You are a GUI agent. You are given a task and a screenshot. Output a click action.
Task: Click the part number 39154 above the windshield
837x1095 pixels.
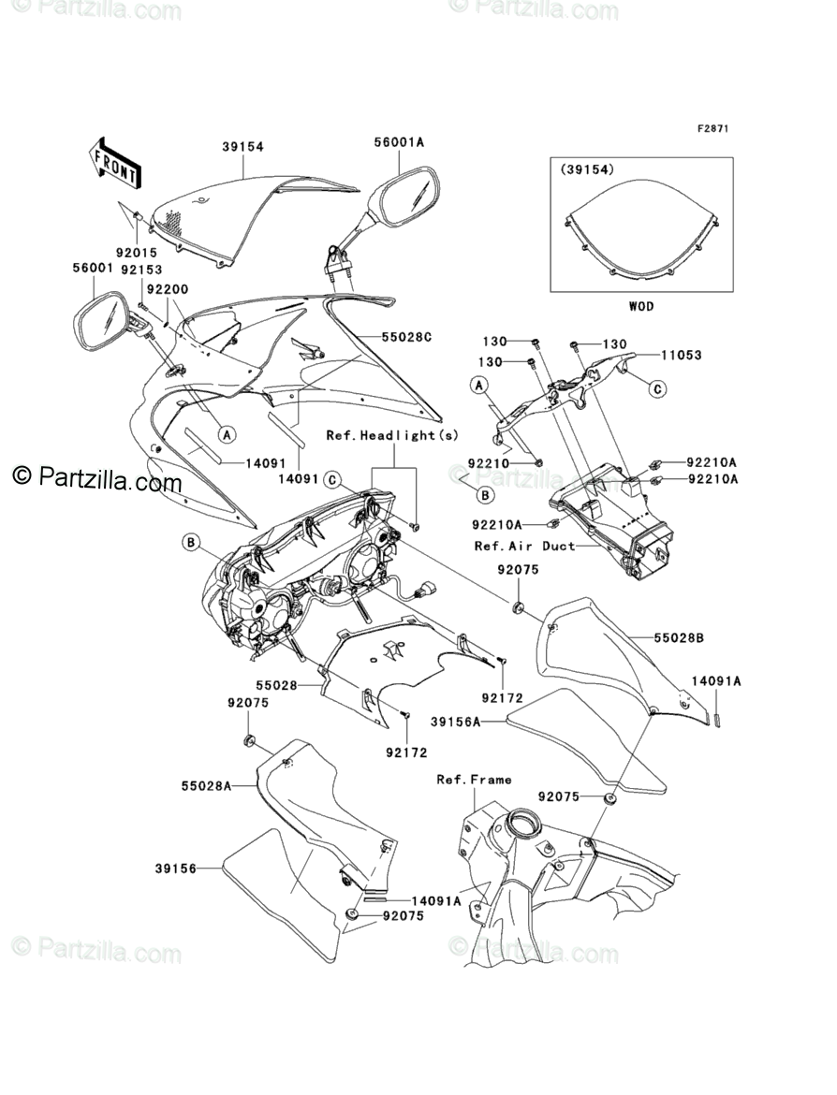242,147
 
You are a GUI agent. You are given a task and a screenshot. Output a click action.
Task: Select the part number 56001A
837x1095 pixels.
399,142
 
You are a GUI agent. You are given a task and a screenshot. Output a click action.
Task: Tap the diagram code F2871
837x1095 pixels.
711,127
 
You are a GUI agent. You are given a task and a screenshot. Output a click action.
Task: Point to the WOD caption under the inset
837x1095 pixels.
640,306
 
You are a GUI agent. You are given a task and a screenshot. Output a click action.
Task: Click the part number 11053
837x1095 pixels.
681,356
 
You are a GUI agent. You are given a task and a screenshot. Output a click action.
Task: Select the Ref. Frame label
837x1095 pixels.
474,779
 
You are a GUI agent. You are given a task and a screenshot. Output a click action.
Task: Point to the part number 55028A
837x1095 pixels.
207,787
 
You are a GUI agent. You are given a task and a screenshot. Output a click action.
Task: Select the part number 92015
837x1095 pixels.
137,253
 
